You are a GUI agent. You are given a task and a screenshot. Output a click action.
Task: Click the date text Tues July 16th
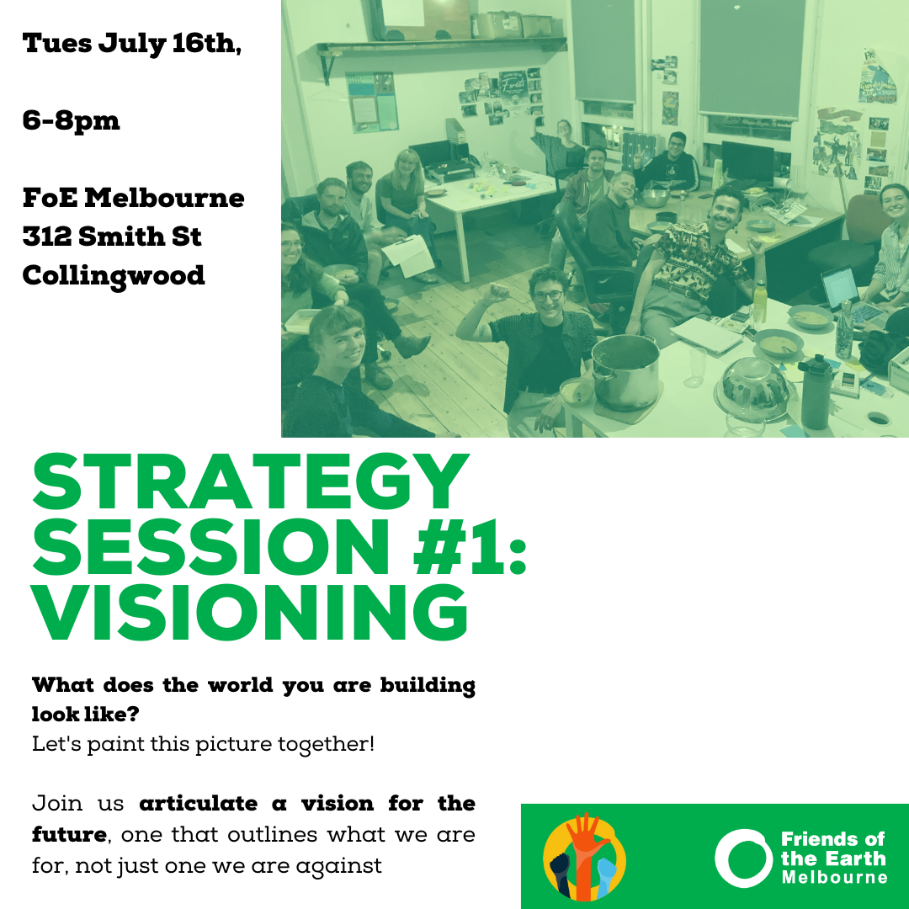(132, 45)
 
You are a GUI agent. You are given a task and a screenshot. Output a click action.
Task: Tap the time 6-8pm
(72, 121)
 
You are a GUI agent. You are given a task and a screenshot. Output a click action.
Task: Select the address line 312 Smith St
(112, 237)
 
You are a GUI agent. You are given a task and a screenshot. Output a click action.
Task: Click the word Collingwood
(114, 275)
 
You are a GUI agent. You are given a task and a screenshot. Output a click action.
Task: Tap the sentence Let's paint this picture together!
(203, 745)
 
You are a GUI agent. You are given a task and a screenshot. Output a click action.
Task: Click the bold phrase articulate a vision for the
(306, 804)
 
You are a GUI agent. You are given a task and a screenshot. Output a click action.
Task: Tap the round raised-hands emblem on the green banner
(584, 857)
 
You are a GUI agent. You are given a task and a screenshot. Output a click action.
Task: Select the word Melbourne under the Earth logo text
(834, 878)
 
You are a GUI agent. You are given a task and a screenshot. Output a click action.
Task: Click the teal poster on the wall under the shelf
(371, 102)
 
